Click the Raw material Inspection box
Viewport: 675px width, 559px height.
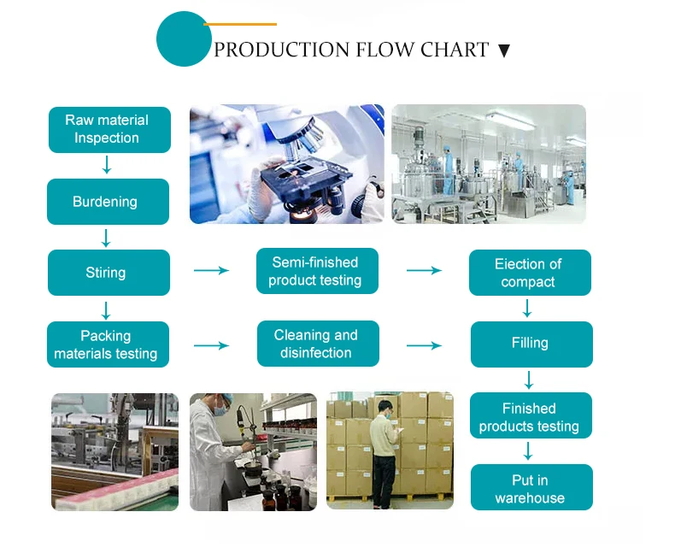point(109,129)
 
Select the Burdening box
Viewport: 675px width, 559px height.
point(108,202)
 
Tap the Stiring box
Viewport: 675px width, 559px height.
point(108,273)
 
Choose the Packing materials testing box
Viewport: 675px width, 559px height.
point(108,344)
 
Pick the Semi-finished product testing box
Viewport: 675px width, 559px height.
point(317,271)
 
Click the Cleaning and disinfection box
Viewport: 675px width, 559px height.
point(317,344)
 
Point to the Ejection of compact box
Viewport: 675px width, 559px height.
point(529,273)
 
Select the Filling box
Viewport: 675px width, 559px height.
point(531,344)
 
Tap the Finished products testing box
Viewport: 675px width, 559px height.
point(530,416)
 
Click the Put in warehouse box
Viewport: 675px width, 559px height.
point(531,488)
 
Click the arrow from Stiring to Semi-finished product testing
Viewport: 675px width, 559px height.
point(211,270)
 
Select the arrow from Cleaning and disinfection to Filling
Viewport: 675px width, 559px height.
point(424,345)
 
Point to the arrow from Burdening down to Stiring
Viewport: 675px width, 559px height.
point(106,237)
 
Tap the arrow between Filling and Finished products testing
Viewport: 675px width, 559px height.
point(529,380)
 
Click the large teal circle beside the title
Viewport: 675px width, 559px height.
point(183,39)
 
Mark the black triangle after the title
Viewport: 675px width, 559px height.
point(503,51)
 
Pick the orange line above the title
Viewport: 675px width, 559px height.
point(241,25)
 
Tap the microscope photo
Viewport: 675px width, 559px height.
point(286,164)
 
